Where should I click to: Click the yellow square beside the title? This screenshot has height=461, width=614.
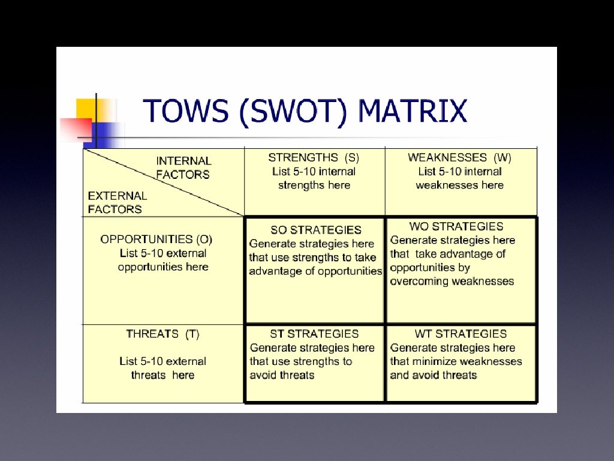pos(87,109)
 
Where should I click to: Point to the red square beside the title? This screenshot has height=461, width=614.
pos(75,128)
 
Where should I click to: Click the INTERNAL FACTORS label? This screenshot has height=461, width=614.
pos(183,167)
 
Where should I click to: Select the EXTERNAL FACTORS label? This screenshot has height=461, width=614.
pos(117,202)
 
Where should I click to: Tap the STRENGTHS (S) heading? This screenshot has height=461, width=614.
pos(314,158)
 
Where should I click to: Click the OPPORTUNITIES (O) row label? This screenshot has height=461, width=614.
pos(156,240)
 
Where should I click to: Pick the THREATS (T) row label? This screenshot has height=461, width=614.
pos(162,334)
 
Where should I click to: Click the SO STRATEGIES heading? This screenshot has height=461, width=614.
pos(316,230)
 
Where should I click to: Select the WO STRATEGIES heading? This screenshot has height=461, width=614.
pos(456,226)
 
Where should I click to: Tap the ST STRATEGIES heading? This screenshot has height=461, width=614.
pos(314,334)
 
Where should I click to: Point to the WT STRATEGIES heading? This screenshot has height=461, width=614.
pos(460,334)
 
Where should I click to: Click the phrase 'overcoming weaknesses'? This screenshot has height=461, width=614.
pos(452,281)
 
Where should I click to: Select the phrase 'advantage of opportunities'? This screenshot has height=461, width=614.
pos(315,271)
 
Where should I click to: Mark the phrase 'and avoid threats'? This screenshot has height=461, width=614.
pos(433,375)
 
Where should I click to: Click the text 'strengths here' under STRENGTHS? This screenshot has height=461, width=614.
pos(314,185)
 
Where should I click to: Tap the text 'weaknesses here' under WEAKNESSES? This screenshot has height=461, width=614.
pos(459,185)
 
